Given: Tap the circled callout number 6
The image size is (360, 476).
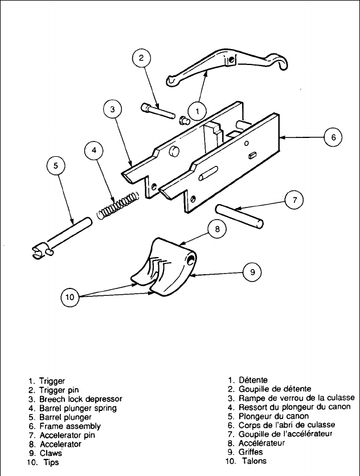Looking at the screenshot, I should [x=333, y=137].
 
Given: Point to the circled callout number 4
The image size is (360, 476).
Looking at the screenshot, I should [x=93, y=152].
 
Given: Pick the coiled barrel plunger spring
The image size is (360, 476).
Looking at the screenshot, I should [x=118, y=206].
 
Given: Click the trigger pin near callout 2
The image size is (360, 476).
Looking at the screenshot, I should [x=159, y=111].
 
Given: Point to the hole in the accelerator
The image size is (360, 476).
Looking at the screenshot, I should [x=191, y=259].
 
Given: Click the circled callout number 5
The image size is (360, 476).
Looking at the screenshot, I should [x=56, y=166].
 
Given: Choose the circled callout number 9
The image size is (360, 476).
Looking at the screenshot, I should [x=252, y=272].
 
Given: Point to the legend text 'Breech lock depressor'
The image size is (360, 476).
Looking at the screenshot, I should [x=83, y=398].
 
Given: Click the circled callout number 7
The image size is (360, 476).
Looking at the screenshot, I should [x=294, y=200].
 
